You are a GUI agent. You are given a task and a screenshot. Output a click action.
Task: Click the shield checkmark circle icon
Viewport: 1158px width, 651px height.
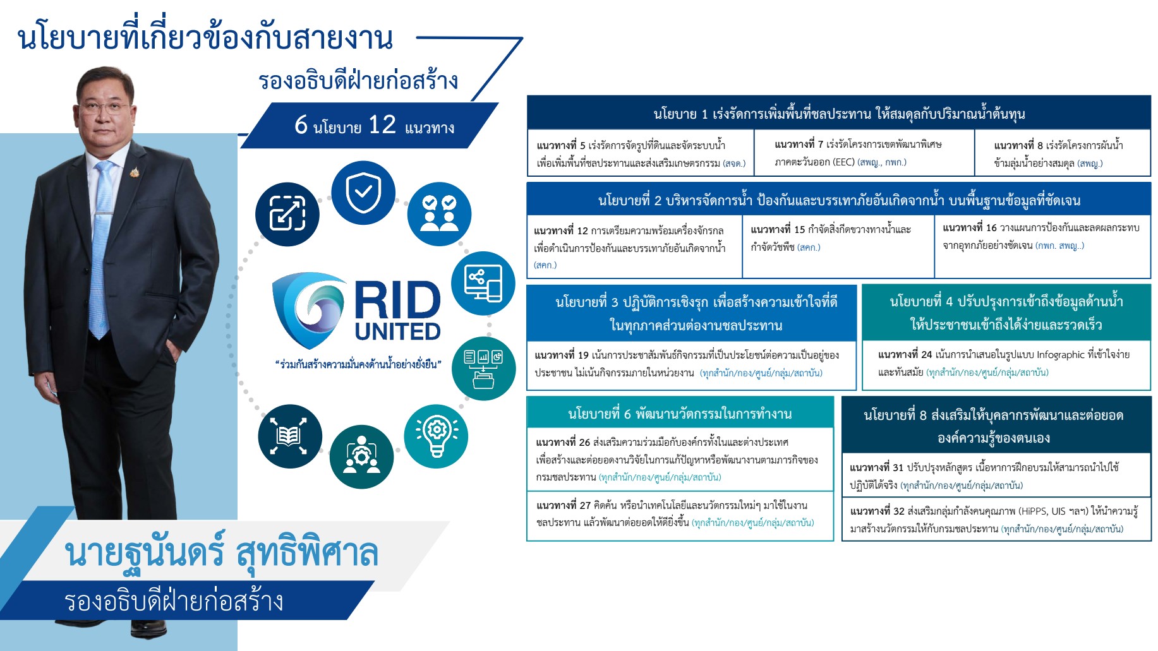tap(363, 193)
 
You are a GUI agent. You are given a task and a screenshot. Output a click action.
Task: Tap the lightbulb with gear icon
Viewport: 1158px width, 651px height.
tap(436, 436)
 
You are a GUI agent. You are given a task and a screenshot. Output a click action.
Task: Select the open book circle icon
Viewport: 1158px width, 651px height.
tap(290, 436)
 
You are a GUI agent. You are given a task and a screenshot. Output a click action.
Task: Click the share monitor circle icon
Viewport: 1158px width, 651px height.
tap(483, 284)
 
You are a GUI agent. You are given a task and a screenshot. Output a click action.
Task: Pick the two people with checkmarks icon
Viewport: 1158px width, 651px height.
tap(439, 214)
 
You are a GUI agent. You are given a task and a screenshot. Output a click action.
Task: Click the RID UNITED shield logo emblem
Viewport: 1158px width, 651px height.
tap(310, 310)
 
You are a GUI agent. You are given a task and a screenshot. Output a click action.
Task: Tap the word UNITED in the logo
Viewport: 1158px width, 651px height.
tap(397, 331)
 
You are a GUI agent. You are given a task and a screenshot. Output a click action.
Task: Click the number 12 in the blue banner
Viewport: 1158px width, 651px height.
tap(382, 125)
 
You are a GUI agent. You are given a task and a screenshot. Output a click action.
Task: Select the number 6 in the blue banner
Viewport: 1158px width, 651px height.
tap(301, 125)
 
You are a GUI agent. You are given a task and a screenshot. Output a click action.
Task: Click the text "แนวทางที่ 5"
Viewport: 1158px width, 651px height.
tap(561, 146)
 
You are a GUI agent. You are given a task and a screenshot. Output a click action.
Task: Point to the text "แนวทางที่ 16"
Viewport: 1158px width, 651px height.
tap(970, 228)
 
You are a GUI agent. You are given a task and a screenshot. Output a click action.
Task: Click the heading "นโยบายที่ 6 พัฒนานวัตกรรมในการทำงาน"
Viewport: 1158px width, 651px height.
tap(680, 414)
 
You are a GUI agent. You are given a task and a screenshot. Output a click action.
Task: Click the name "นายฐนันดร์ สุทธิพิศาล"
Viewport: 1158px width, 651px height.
tap(221, 552)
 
